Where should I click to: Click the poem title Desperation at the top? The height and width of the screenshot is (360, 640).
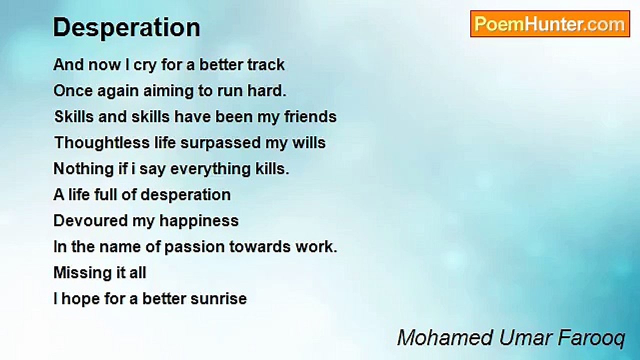126,28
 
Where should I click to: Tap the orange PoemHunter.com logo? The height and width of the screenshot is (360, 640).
550,24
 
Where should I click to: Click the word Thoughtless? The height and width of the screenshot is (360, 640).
102,142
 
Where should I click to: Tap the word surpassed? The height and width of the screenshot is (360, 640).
220,143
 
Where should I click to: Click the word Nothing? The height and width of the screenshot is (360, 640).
83,169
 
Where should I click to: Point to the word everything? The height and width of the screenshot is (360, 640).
210,169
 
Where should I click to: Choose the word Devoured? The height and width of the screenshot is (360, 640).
90,221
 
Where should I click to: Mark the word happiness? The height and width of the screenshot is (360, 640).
199,221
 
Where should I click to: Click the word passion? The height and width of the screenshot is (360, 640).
195,247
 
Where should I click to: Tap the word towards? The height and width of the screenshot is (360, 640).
260,247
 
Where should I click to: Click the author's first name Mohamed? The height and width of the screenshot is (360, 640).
445,338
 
